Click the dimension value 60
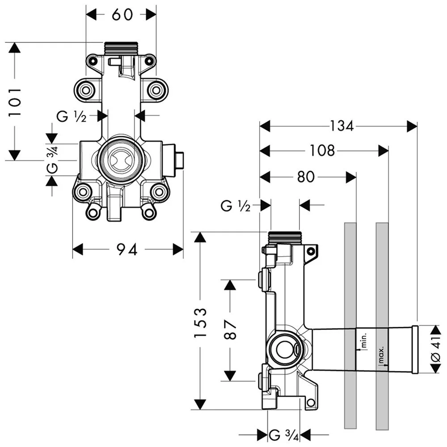click(122, 14)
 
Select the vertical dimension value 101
click(16, 102)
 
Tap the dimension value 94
click(127, 249)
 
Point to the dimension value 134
click(342, 127)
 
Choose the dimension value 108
click(322, 151)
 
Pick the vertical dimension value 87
click(230, 329)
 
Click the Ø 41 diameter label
click(437, 349)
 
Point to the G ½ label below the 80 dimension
click(235, 206)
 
